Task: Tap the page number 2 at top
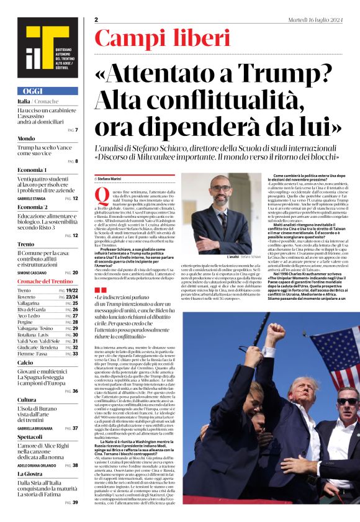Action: point(97,20)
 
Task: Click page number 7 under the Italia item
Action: point(76,129)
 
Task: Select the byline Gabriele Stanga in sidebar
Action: point(32,198)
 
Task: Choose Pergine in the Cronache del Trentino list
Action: point(25,322)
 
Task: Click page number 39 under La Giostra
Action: point(75,502)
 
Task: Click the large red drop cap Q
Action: point(101,198)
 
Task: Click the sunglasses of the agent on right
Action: point(347,402)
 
